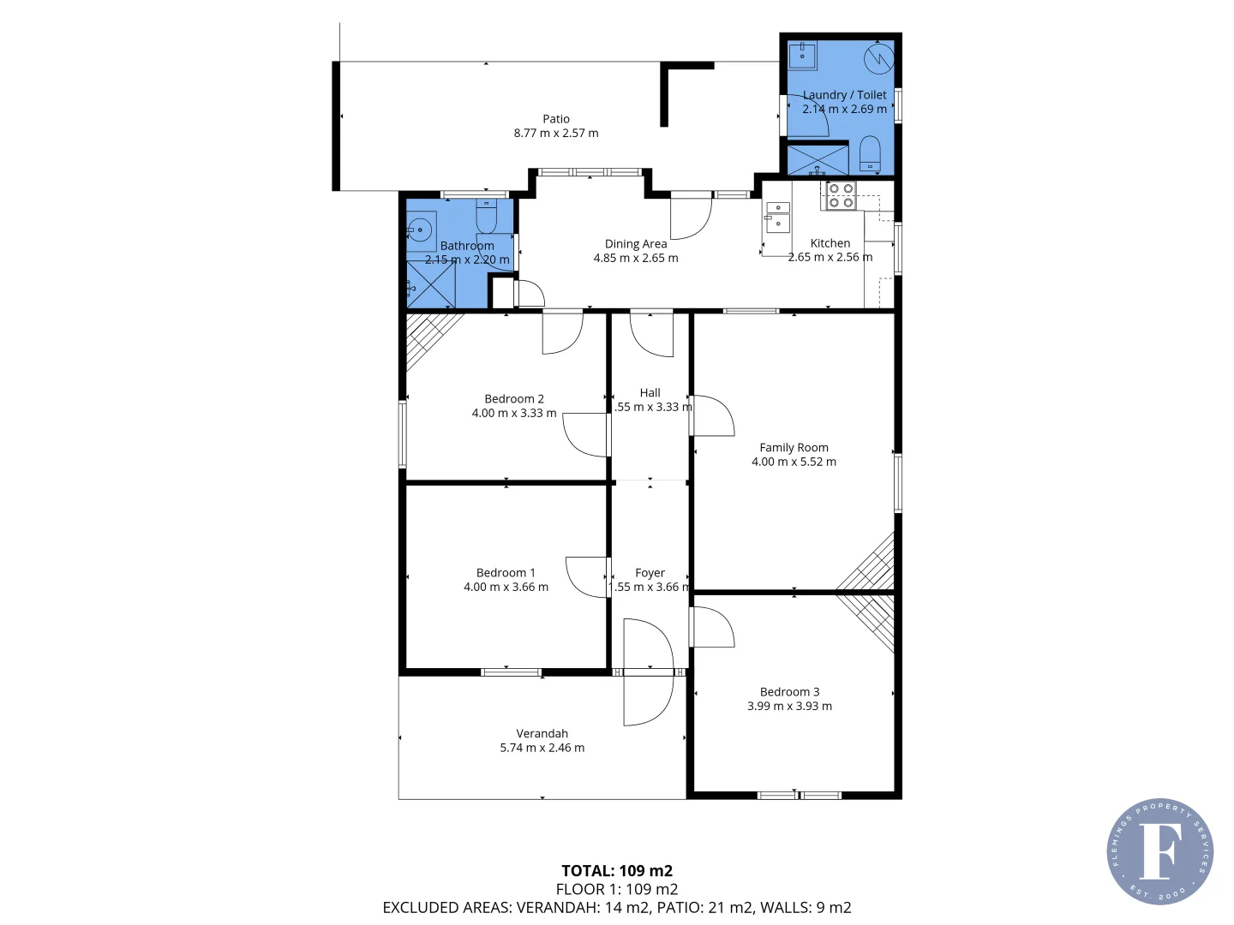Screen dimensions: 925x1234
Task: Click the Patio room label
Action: pos(556,119)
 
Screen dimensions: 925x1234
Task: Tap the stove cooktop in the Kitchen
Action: pos(840,196)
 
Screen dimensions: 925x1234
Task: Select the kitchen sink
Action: pos(777,218)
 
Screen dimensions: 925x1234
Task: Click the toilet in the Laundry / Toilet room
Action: pos(870,153)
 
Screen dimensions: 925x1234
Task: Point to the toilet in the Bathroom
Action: pos(486,218)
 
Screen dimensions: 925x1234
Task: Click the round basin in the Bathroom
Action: pos(420,229)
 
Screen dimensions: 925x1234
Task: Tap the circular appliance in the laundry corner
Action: pos(878,58)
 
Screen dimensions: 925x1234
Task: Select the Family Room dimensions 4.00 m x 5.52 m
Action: pos(794,462)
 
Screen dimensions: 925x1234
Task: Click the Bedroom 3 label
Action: pos(789,692)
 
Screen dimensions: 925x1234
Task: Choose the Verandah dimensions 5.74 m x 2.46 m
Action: pos(542,748)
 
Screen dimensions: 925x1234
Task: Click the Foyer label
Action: pos(650,573)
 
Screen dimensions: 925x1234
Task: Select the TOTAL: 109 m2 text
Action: pos(617,871)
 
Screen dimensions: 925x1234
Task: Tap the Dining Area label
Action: pos(635,244)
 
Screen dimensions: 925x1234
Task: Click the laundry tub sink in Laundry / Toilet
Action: pos(802,56)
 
